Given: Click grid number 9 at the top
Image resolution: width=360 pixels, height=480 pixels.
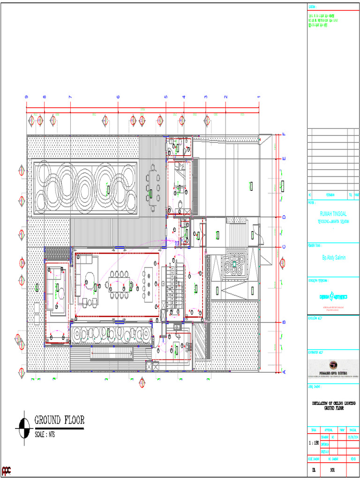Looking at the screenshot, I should pos(27,97).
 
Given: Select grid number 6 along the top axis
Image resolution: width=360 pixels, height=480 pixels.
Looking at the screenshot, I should pos(118,97).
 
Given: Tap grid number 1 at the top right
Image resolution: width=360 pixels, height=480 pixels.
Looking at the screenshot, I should pos(258,97).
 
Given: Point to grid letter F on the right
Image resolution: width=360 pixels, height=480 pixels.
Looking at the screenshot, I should pos(283,135).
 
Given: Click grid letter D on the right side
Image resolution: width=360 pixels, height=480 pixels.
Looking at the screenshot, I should pos(283,217).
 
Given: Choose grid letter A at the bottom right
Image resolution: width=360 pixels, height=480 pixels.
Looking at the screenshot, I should pos(283,372).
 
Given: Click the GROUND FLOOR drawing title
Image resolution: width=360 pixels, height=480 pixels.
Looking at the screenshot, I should pos(59,420).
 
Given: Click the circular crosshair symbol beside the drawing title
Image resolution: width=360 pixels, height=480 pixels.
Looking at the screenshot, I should pos(23,427).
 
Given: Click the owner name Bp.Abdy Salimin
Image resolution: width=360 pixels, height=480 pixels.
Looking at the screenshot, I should pos(333,258).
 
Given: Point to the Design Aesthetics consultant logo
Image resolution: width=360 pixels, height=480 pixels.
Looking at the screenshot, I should pos(333,296).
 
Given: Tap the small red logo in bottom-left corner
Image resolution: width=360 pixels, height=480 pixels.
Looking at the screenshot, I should pos(6,470).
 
